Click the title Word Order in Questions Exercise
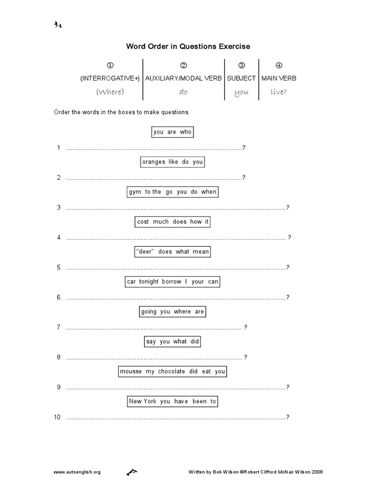188,47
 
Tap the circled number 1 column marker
110,65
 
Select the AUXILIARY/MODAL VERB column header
184,78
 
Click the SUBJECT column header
241,78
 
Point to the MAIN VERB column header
279,78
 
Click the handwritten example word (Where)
110,92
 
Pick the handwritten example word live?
278,92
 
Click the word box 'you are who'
172,132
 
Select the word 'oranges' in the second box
154,162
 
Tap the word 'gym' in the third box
135,192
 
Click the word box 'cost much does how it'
173,222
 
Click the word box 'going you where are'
172,312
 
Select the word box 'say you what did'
173,342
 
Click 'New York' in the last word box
142,402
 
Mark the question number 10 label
57,418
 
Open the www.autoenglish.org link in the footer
77,472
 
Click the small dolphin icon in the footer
132,472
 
